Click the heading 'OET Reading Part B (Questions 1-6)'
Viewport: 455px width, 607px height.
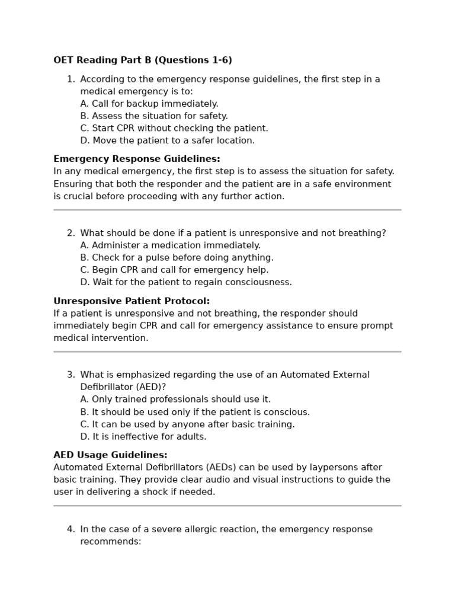[143, 60]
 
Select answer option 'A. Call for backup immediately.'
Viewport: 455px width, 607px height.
[149, 104]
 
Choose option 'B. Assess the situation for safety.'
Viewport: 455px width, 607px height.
[154, 116]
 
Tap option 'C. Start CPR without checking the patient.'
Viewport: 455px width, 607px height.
[174, 129]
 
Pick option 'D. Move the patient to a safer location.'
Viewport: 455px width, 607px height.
[168, 141]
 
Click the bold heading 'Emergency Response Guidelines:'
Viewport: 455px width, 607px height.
[137, 159]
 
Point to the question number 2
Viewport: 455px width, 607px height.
[71, 234]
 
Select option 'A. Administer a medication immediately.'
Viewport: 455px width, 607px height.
[171, 245]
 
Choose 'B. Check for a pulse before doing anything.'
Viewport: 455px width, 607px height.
[177, 258]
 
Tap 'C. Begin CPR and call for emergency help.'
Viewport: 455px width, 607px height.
[174, 270]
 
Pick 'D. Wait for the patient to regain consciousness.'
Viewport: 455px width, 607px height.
[186, 283]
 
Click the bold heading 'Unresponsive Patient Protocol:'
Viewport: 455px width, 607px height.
[132, 301]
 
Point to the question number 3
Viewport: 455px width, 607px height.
[71, 375]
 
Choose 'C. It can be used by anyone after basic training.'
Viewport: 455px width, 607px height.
[187, 424]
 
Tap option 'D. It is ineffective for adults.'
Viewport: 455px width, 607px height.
[143, 437]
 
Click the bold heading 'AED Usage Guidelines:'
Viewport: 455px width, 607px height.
[110, 455]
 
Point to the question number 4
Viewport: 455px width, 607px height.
[71, 529]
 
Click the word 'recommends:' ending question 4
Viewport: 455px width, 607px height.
[111, 542]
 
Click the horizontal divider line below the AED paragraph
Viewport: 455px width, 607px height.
[227, 506]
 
